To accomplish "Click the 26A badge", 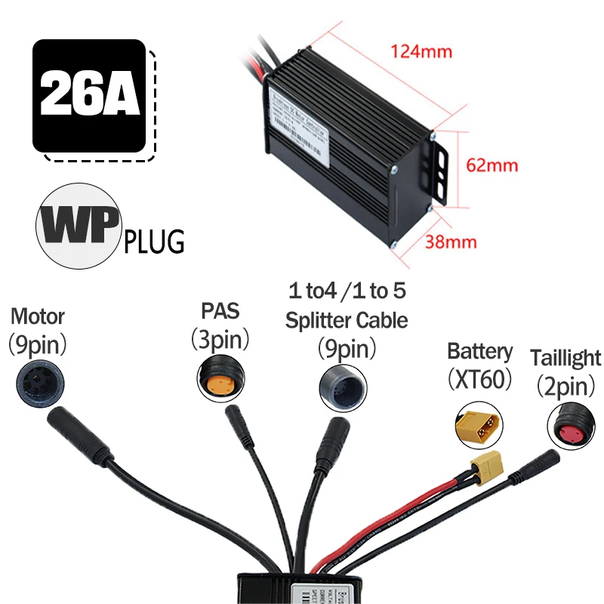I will click(89, 95).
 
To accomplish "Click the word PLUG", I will click(154, 243).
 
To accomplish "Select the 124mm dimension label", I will click(421, 52).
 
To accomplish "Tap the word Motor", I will click(38, 316).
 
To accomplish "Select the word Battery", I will click(480, 351).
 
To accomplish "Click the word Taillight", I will click(565, 358).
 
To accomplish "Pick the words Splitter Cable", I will click(347, 320).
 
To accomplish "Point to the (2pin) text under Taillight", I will click(565, 387).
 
